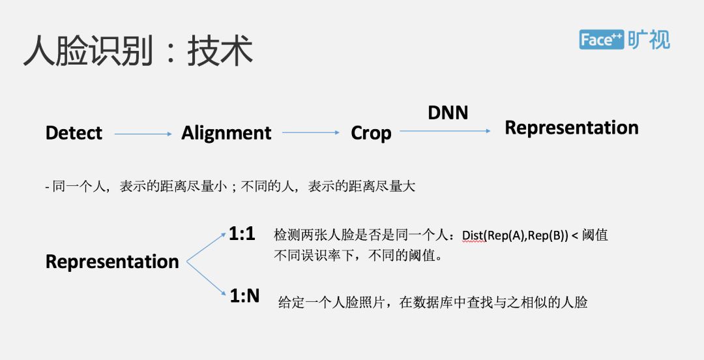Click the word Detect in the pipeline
74,133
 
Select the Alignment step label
226,133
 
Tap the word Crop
371,133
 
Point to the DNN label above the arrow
448,112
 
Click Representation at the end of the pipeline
572,128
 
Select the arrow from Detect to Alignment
143,134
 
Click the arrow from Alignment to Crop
311,133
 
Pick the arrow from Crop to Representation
445,131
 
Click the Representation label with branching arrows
112,262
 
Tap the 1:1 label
242,234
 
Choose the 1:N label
244,295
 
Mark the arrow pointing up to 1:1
207,247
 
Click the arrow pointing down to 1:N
207,279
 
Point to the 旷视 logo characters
649,40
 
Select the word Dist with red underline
474,235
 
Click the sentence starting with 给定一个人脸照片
433,302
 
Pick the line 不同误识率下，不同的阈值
359,255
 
